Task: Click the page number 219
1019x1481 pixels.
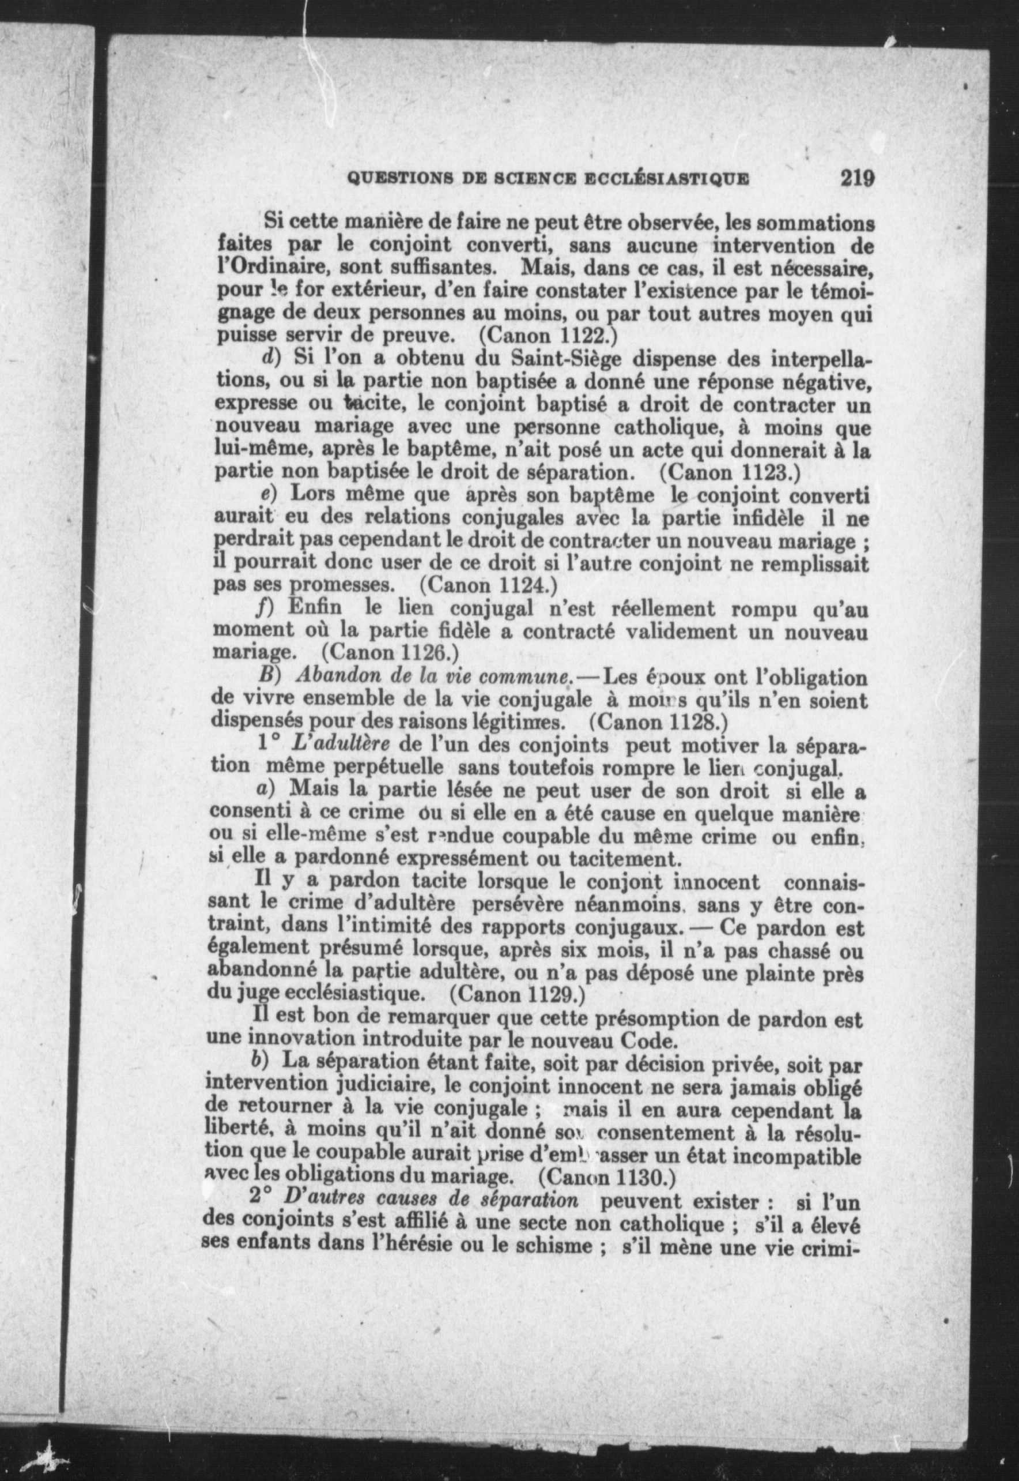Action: point(856,178)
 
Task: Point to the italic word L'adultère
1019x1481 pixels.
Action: point(340,745)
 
